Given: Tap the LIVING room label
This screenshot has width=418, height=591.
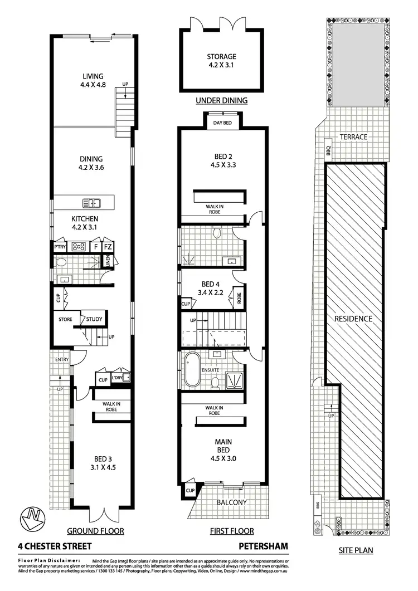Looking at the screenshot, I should click(x=93, y=76).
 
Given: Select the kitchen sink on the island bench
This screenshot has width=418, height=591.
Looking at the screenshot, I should click(x=91, y=203).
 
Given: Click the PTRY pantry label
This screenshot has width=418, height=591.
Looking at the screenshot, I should click(x=60, y=246).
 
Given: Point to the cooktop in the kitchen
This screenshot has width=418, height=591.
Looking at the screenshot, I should click(x=77, y=246).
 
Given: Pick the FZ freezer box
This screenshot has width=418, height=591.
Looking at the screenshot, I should click(x=109, y=246).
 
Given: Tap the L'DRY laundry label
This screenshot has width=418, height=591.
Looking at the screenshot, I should click(x=118, y=378).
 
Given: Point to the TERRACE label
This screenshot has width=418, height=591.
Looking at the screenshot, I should click(x=354, y=137).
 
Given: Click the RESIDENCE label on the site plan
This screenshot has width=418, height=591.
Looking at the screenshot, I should click(x=353, y=319).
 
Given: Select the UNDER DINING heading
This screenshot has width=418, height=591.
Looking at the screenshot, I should click(x=221, y=101).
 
